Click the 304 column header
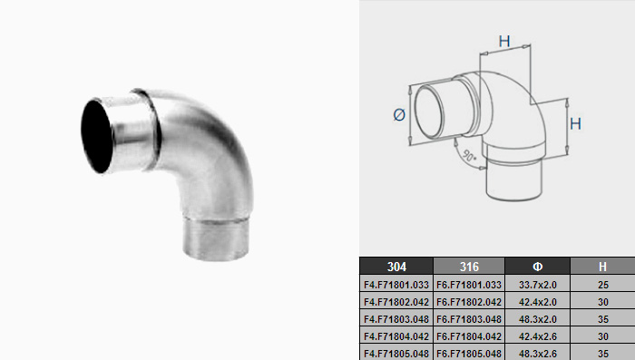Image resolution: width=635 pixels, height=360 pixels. coord(396,267)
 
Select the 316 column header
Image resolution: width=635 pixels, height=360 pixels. coord(469,267)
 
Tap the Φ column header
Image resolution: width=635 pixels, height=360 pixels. coord(537,267)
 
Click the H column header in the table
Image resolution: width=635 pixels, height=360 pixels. coord(602,267)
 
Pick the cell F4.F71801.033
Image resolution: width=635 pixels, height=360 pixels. coord(396,285)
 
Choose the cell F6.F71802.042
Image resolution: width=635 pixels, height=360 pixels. coord(469,302)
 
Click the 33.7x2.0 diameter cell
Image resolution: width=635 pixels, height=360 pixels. coord(537,285)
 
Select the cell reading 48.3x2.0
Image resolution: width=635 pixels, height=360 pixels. coord(537,319)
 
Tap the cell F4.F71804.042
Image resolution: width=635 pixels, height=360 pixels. coord(396,336)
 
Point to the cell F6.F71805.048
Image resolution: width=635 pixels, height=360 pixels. coord(469,354)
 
